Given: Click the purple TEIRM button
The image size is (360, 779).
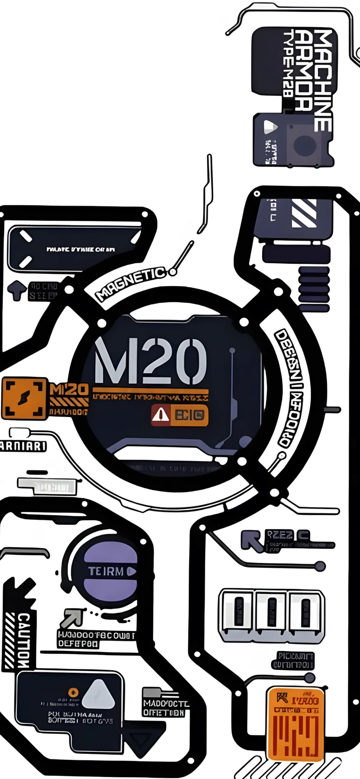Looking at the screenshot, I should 110,571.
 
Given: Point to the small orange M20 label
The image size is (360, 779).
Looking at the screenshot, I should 69,389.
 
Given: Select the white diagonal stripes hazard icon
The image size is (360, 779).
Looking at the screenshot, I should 304,213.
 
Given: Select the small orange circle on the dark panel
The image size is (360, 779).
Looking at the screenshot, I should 73,692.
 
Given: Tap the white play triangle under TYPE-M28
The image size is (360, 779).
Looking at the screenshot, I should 270,127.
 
